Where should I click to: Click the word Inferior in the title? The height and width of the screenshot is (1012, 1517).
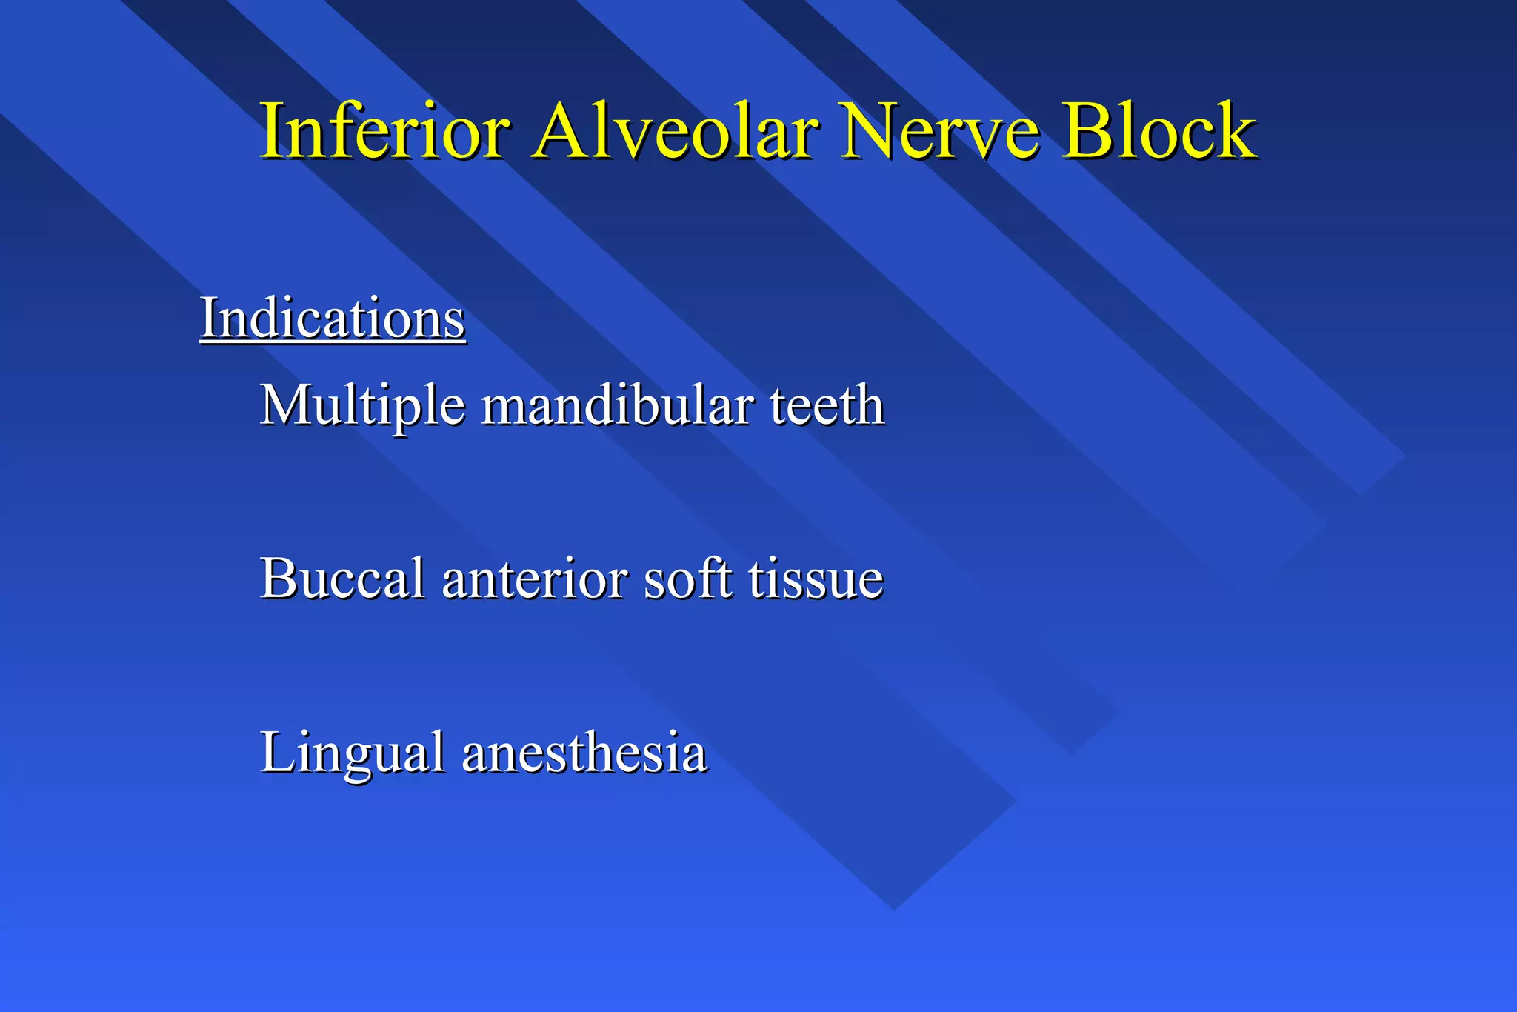click(385, 131)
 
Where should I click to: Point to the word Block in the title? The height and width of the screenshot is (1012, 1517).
click(1160, 131)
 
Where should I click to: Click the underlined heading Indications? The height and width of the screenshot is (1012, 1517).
click(333, 319)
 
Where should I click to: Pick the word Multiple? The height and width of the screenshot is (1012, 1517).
click(363, 406)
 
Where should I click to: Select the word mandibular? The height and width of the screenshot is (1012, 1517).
click(619, 406)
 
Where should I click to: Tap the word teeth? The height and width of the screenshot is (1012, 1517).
click(827, 406)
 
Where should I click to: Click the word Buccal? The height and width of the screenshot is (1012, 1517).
click(342, 579)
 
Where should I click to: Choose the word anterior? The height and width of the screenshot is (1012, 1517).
click(535, 579)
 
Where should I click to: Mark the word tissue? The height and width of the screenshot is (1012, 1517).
click(816, 579)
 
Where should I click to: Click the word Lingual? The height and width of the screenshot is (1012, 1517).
click(353, 753)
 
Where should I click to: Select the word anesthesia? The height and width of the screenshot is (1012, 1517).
click(584, 753)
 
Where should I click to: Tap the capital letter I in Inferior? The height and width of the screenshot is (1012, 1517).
click(272, 131)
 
